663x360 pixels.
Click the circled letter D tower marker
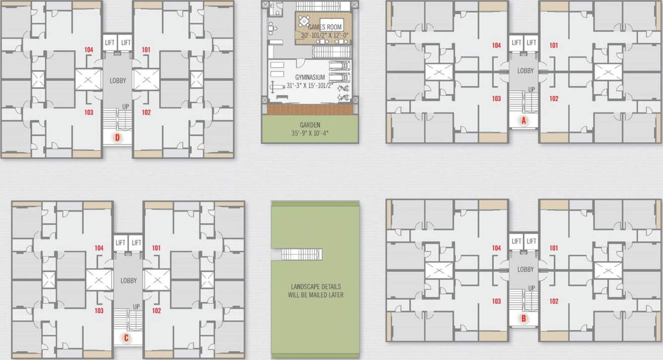(x=118, y=138)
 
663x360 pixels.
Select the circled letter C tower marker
(x=126, y=338)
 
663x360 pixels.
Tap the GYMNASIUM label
(x=310, y=77)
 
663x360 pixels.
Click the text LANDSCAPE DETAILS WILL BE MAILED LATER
(x=316, y=291)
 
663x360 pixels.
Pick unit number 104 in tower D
(x=89, y=50)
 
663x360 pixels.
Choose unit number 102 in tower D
(x=146, y=112)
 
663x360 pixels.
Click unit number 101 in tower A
(x=554, y=45)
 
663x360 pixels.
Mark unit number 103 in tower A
(x=496, y=99)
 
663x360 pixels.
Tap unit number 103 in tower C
(x=99, y=311)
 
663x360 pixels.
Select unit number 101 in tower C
(x=157, y=248)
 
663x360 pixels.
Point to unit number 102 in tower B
(x=554, y=301)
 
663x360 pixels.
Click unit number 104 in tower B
(x=496, y=248)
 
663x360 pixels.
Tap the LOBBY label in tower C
(x=129, y=281)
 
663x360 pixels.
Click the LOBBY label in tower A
(x=526, y=71)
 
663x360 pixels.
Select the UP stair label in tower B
(x=531, y=288)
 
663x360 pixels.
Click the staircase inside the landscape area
(x=301, y=254)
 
